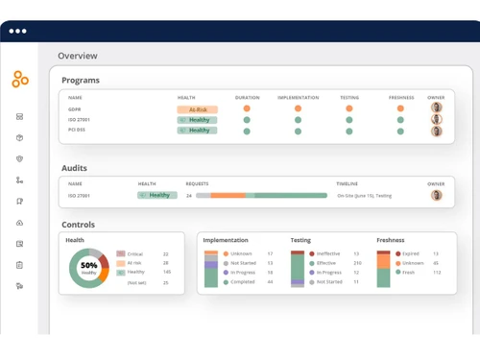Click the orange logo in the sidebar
[x=19, y=80]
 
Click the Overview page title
[x=78, y=56]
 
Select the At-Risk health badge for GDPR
[x=197, y=109]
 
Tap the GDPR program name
[x=75, y=109]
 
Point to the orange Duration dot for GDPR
[x=247, y=109]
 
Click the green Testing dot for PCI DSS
[x=349, y=131]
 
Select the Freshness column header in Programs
[x=401, y=98]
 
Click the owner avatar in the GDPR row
[x=437, y=108]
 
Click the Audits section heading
[x=75, y=168]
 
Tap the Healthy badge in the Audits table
[x=157, y=195]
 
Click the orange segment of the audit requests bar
[x=228, y=196]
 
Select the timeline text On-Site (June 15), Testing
[x=364, y=196]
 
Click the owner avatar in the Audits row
[x=437, y=195]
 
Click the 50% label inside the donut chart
[x=88, y=265]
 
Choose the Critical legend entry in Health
[x=134, y=254]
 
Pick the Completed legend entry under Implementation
[x=243, y=282]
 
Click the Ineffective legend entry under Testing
[x=327, y=254]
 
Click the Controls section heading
[x=79, y=225]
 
